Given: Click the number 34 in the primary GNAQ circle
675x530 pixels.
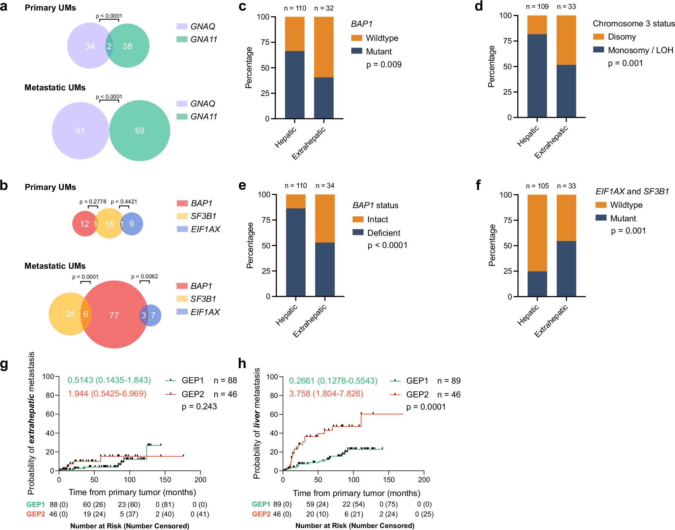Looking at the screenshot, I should coord(90,46).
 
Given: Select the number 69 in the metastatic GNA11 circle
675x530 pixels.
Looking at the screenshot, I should coord(139,131).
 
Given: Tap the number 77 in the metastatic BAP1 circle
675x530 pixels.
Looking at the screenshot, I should coord(114,315).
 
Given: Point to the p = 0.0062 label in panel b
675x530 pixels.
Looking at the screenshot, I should coord(144,276).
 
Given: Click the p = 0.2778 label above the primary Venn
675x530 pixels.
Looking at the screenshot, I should coord(93,202).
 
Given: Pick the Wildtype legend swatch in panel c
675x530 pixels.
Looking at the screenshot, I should coord(357,38).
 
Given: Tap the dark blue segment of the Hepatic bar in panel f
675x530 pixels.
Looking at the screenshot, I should coord(537,284).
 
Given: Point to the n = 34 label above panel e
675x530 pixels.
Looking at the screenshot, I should coord(325,186).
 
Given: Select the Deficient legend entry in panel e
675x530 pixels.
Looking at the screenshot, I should coord(384,233).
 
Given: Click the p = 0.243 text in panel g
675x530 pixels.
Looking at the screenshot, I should coord(199,406).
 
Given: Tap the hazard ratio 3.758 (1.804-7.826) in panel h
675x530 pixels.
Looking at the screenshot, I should coord(326,393).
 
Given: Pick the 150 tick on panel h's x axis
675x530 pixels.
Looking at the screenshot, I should coord(389,480).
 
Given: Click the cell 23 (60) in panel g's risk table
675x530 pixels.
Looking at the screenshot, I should coord(129,504).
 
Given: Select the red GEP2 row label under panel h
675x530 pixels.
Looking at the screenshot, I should coord(261,514).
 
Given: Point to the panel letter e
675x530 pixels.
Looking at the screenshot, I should coord(242,185).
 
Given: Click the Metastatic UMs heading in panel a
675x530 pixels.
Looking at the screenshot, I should coord(55,87).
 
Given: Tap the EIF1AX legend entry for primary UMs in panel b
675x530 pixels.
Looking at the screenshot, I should coord(205,229).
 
